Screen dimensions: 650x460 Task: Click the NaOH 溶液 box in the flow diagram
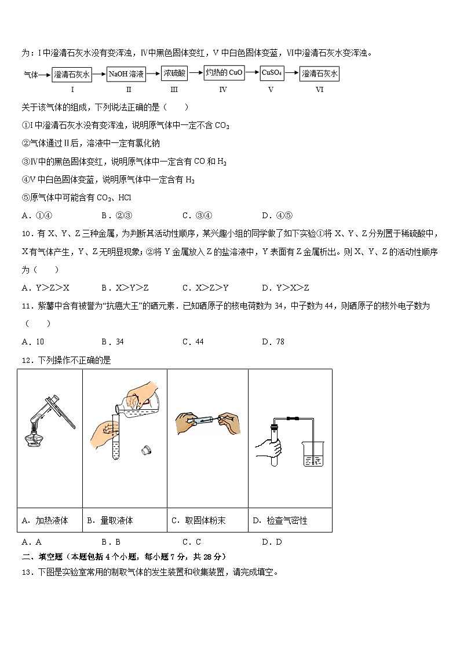[x=126, y=74]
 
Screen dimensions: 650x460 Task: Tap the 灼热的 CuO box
[x=224, y=73]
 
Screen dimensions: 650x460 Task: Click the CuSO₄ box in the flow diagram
[x=271, y=73]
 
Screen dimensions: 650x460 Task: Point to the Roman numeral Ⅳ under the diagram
[x=223, y=89]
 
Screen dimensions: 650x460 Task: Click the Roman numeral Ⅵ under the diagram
[x=319, y=89]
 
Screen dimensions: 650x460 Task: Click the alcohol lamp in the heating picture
[x=34, y=441]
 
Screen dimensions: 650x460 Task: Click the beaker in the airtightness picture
[x=313, y=453]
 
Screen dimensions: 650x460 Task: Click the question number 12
[x=25, y=360]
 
